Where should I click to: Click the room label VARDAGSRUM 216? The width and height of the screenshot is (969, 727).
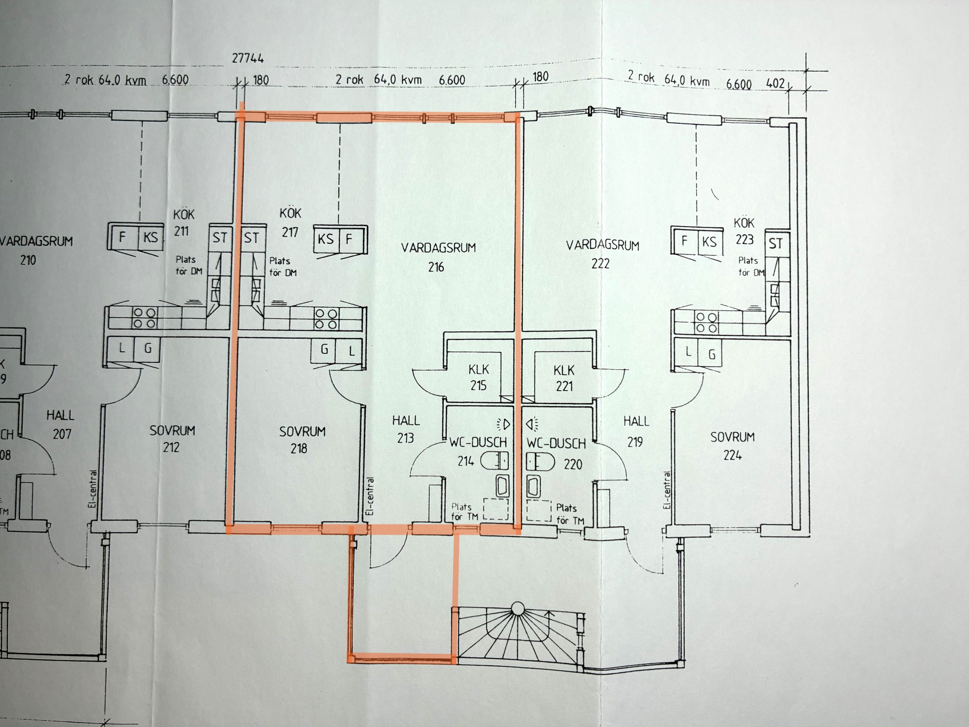click(438, 257)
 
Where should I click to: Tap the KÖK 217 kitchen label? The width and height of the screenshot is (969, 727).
click(290, 223)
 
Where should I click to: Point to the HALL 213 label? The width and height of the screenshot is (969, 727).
click(406, 429)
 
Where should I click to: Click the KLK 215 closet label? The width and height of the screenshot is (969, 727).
click(478, 377)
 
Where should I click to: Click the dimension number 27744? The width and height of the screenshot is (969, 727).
click(248, 58)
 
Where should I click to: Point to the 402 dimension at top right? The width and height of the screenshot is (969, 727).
click(775, 83)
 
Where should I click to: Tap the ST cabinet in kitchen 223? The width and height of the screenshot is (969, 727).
click(776, 243)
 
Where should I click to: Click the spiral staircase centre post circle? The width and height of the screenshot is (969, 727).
click(518, 609)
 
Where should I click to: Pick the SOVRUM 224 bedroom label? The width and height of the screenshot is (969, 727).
click(732, 446)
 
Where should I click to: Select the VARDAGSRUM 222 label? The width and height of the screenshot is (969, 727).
click(602, 254)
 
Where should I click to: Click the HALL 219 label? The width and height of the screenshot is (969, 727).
click(636, 432)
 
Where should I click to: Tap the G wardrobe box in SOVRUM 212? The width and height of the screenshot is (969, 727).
click(147, 349)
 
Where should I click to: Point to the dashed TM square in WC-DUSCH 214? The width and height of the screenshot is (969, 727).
click(496, 509)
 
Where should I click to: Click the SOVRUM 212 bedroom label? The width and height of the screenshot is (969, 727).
click(172, 438)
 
